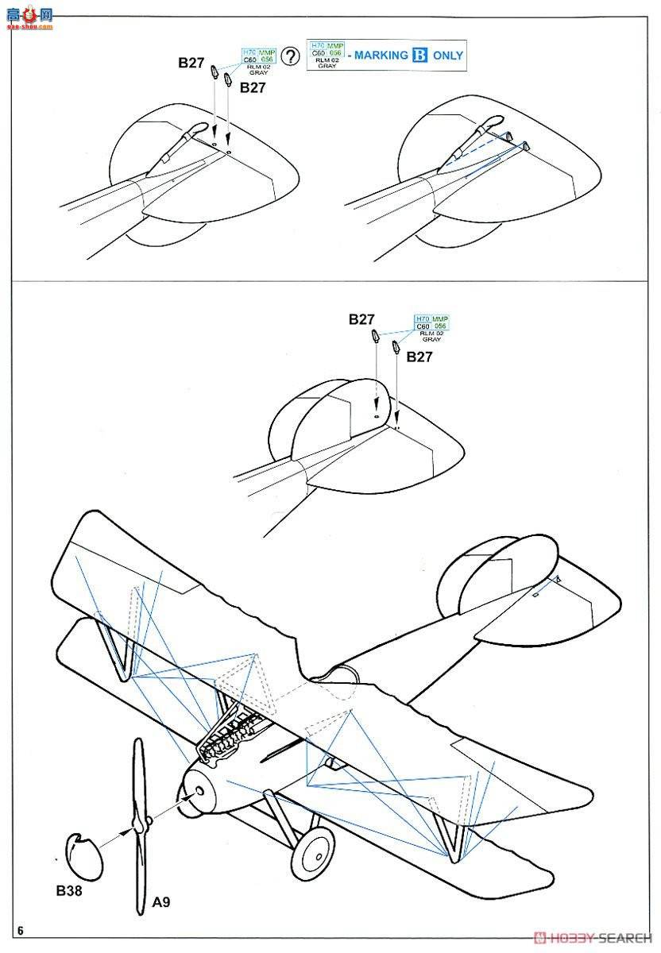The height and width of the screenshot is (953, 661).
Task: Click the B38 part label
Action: click(x=69, y=891)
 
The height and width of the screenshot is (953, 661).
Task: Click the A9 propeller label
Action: click(x=161, y=902)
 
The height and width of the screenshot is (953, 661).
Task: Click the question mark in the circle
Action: click(x=292, y=56)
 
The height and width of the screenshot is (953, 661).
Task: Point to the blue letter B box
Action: click(x=420, y=56)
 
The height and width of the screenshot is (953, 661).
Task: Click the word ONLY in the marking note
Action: click(x=448, y=56)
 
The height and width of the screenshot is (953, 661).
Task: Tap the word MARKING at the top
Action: click(x=381, y=56)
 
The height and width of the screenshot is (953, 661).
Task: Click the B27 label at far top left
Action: click(x=191, y=63)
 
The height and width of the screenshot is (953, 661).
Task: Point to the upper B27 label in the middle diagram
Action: click(x=361, y=319)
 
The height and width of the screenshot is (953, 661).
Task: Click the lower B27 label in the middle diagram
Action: click(x=419, y=357)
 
